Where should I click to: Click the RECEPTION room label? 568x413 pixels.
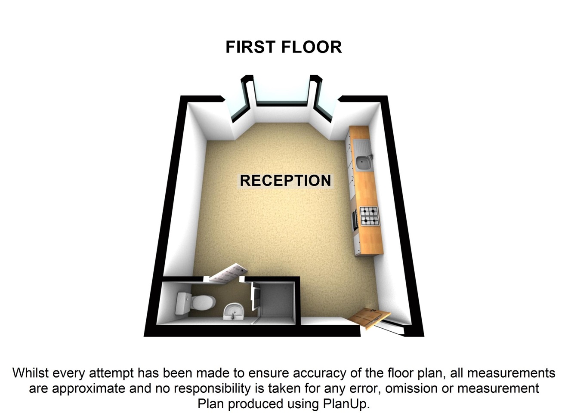click(x=285, y=180)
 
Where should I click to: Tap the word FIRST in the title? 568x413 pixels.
click(x=250, y=47)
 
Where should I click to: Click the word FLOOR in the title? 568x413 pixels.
click(x=312, y=47)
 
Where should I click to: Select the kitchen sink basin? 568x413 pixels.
click(x=364, y=163)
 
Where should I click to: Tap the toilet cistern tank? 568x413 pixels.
click(x=182, y=303)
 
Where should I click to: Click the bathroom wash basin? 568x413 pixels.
click(x=234, y=311)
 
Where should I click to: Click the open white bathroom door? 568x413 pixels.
click(x=227, y=273)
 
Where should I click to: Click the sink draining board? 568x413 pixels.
click(x=362, y=148)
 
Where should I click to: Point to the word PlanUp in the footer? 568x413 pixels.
click(x=346, y=404)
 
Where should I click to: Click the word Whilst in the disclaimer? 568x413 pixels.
click(x=30, y=373)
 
